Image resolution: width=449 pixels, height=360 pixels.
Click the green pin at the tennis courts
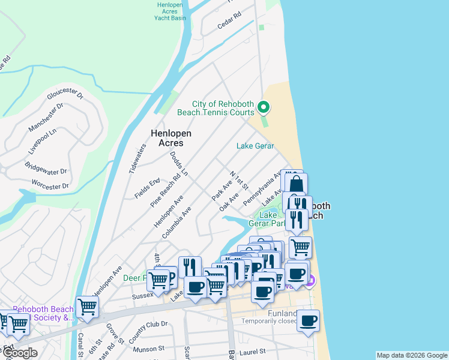coord(263,107)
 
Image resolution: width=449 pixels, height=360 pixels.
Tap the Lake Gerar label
coord(255,146)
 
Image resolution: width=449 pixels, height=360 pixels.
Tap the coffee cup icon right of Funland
coord(308,321)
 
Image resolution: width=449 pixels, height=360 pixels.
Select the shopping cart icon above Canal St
coord(88,307)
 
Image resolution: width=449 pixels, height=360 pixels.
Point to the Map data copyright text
coord(411,355)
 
